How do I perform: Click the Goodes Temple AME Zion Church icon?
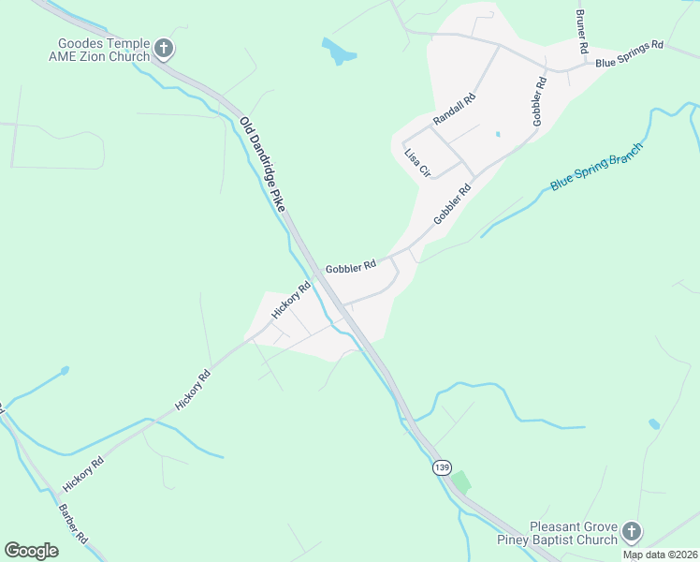tap(164, 49)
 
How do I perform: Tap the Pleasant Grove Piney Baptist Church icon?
tap(632, 532)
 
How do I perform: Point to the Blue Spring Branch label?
tap(596, 168)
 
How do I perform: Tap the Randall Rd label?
tap(455, 111)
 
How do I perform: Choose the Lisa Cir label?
tap(416, 163)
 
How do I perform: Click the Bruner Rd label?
tap(582, 32)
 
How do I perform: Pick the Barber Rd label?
tap(73, 525)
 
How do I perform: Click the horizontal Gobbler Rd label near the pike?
tap(351, 266)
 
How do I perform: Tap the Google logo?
tap(31, 551)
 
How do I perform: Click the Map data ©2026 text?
tap(660, 555)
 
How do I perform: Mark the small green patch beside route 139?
tap(460, 483)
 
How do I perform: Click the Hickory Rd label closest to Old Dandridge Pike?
tap(291, 301)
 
